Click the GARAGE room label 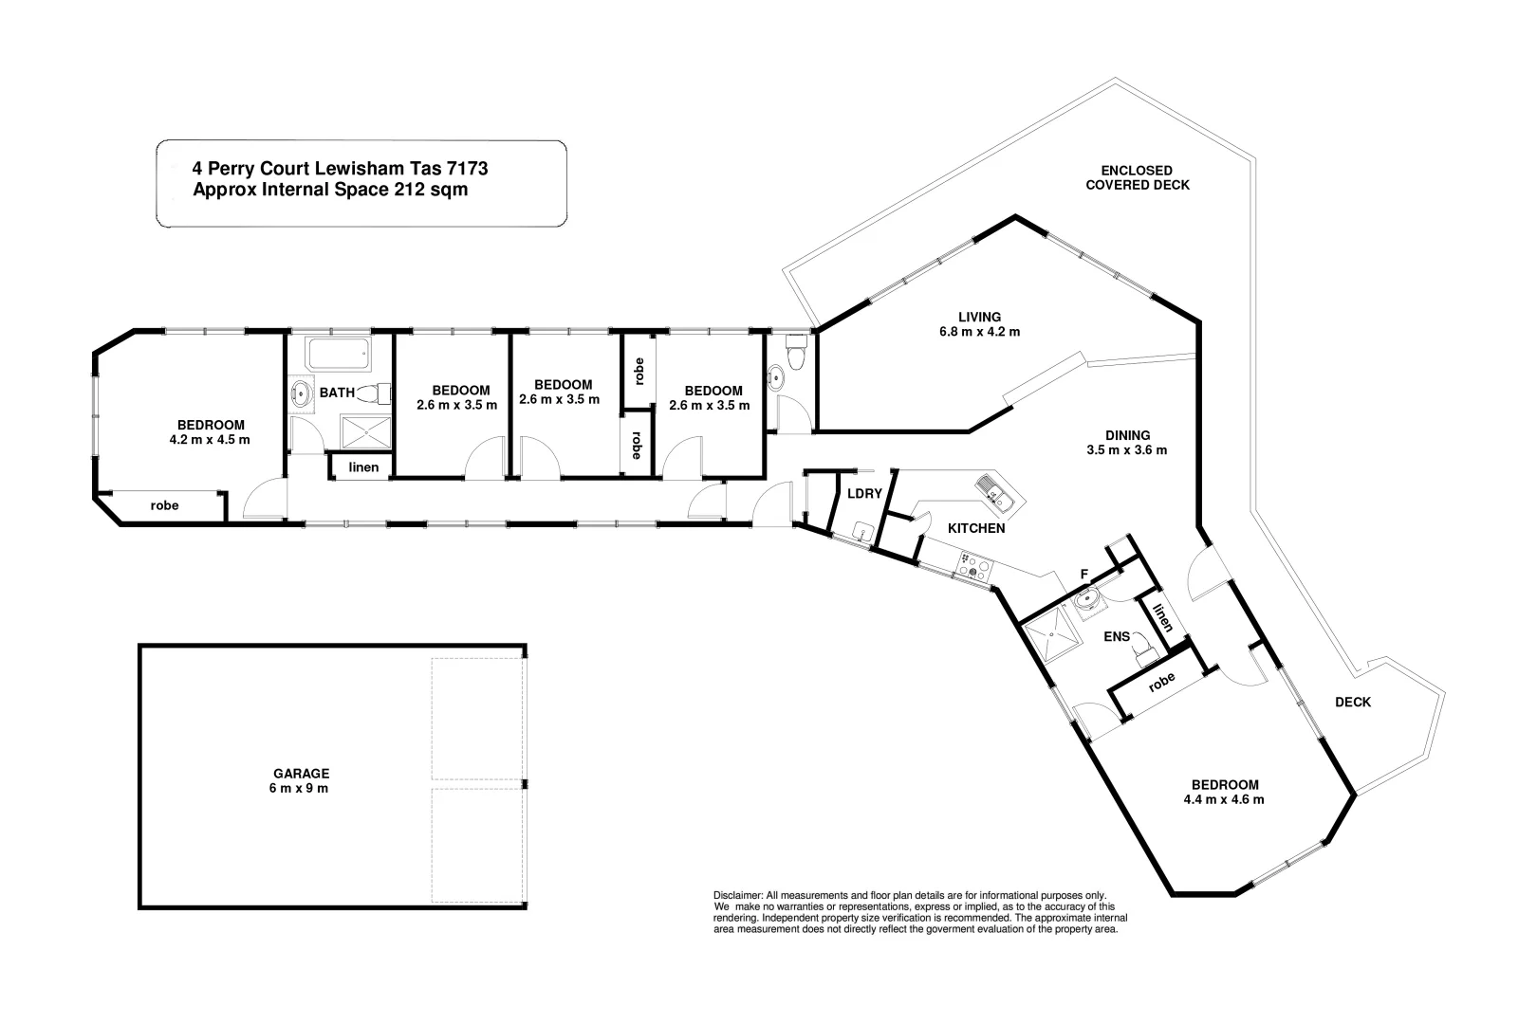point(298,774)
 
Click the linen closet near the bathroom point(363,467)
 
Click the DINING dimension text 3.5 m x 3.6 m point(1126,450)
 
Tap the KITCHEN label point(976,528)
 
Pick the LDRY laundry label point(864,493)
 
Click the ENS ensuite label point(1117,636)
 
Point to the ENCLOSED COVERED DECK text point(1137,177)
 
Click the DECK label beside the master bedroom point(1352,702)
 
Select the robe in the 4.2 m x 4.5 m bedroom point(164,505)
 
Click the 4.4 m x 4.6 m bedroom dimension point(1224,799)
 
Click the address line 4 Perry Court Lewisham point(340,169)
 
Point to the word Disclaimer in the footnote point(737,895)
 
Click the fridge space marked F point(1084,574)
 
